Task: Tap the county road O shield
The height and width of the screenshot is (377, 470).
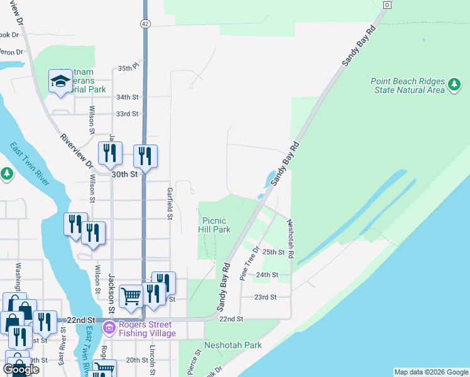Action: click(386, 5)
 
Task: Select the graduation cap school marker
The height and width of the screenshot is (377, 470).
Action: click(60, 82)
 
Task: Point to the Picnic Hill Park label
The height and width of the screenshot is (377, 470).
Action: click(216, 225)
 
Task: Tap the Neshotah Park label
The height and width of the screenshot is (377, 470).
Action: click(232, 345)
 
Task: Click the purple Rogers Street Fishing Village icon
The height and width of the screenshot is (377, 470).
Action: click(109, 327)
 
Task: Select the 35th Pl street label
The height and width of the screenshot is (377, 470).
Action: click(128, 68)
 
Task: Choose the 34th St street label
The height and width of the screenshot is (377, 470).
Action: click(126, 97)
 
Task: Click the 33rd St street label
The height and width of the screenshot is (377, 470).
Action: click(126, 114)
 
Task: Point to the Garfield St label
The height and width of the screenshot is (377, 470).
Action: click(169, 203)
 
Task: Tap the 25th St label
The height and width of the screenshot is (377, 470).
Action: click(274, 252)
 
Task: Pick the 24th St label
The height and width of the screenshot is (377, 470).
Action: click(267, 275)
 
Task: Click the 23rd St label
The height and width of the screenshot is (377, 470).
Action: click(265, 297)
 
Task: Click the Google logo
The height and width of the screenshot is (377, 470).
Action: click(21, 369)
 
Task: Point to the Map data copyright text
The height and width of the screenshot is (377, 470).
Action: click(431, 372)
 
